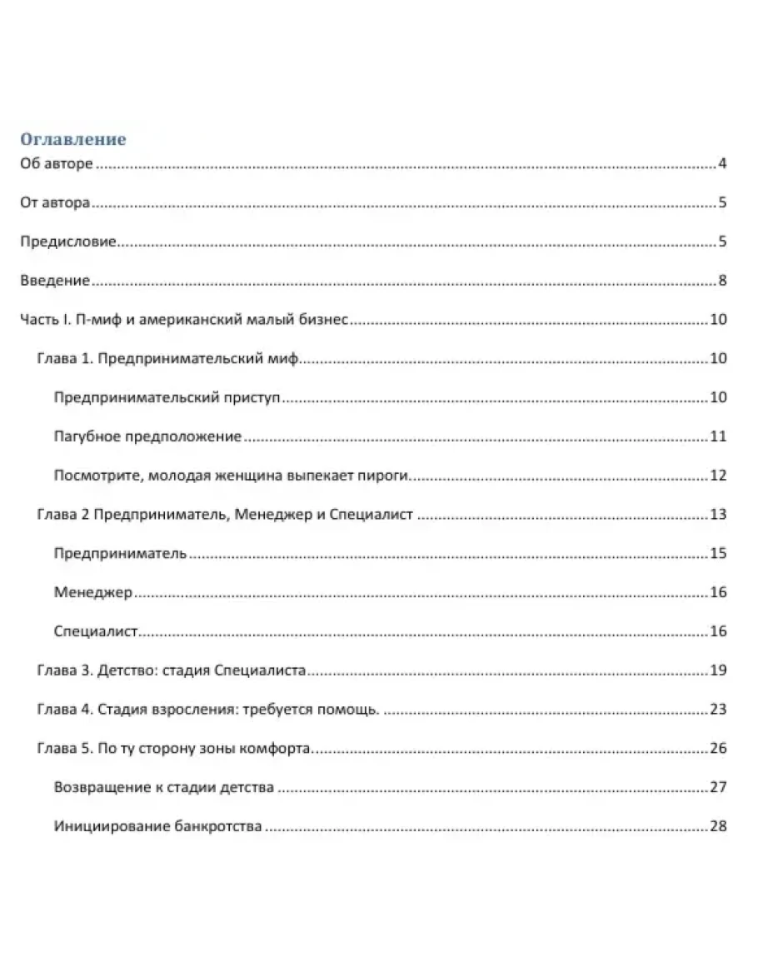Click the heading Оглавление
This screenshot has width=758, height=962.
pyautogui.click(x=72, y=139)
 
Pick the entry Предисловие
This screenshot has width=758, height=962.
pyautogui.click(x=67, y=242)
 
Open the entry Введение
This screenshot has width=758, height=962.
pyautogui.click(x=54, y=281)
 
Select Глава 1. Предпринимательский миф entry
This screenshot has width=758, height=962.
pyautogui.click(x=167, y=359)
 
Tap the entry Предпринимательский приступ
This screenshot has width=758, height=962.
pyautogui.click(x=167, y=397)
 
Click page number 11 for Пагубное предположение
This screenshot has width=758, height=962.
pyautogui.click(x=719, y=436)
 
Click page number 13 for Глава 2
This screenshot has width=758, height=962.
pyautogui.click(x=719, y=515)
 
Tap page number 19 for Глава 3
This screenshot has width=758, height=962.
pyautogui.click(x=719, y=670)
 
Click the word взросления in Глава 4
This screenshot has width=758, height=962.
pyautogui.click(x=187, y=710)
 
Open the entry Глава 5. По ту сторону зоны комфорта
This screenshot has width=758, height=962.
pyautogui.click(x=174, y=749)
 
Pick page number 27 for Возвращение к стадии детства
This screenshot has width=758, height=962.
pyautogui.click(x=719, y=787)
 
